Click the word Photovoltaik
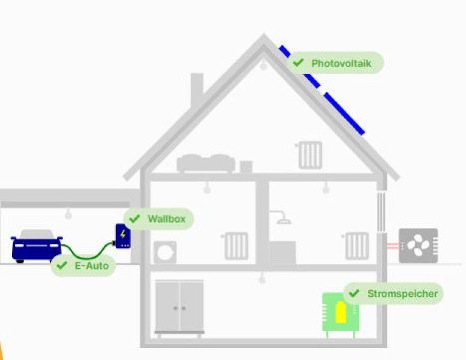[341, 64]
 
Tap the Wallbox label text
[167, 219]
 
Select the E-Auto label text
[92, 266]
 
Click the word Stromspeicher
[402, 294]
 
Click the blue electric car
[36, 247]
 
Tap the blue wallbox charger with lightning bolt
[123, 236]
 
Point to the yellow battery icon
[341, 312]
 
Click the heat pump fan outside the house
[418, 245]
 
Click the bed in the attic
[206, 163]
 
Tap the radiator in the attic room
[310, 155]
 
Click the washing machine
[165, 253]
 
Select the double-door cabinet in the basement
[179, 307]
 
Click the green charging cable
[88, 253]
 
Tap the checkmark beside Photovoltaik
[298, 62]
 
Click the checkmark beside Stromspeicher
[354, 293]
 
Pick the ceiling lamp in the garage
[68, 214]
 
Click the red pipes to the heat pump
[393, 245]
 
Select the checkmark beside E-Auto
[62, 265]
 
